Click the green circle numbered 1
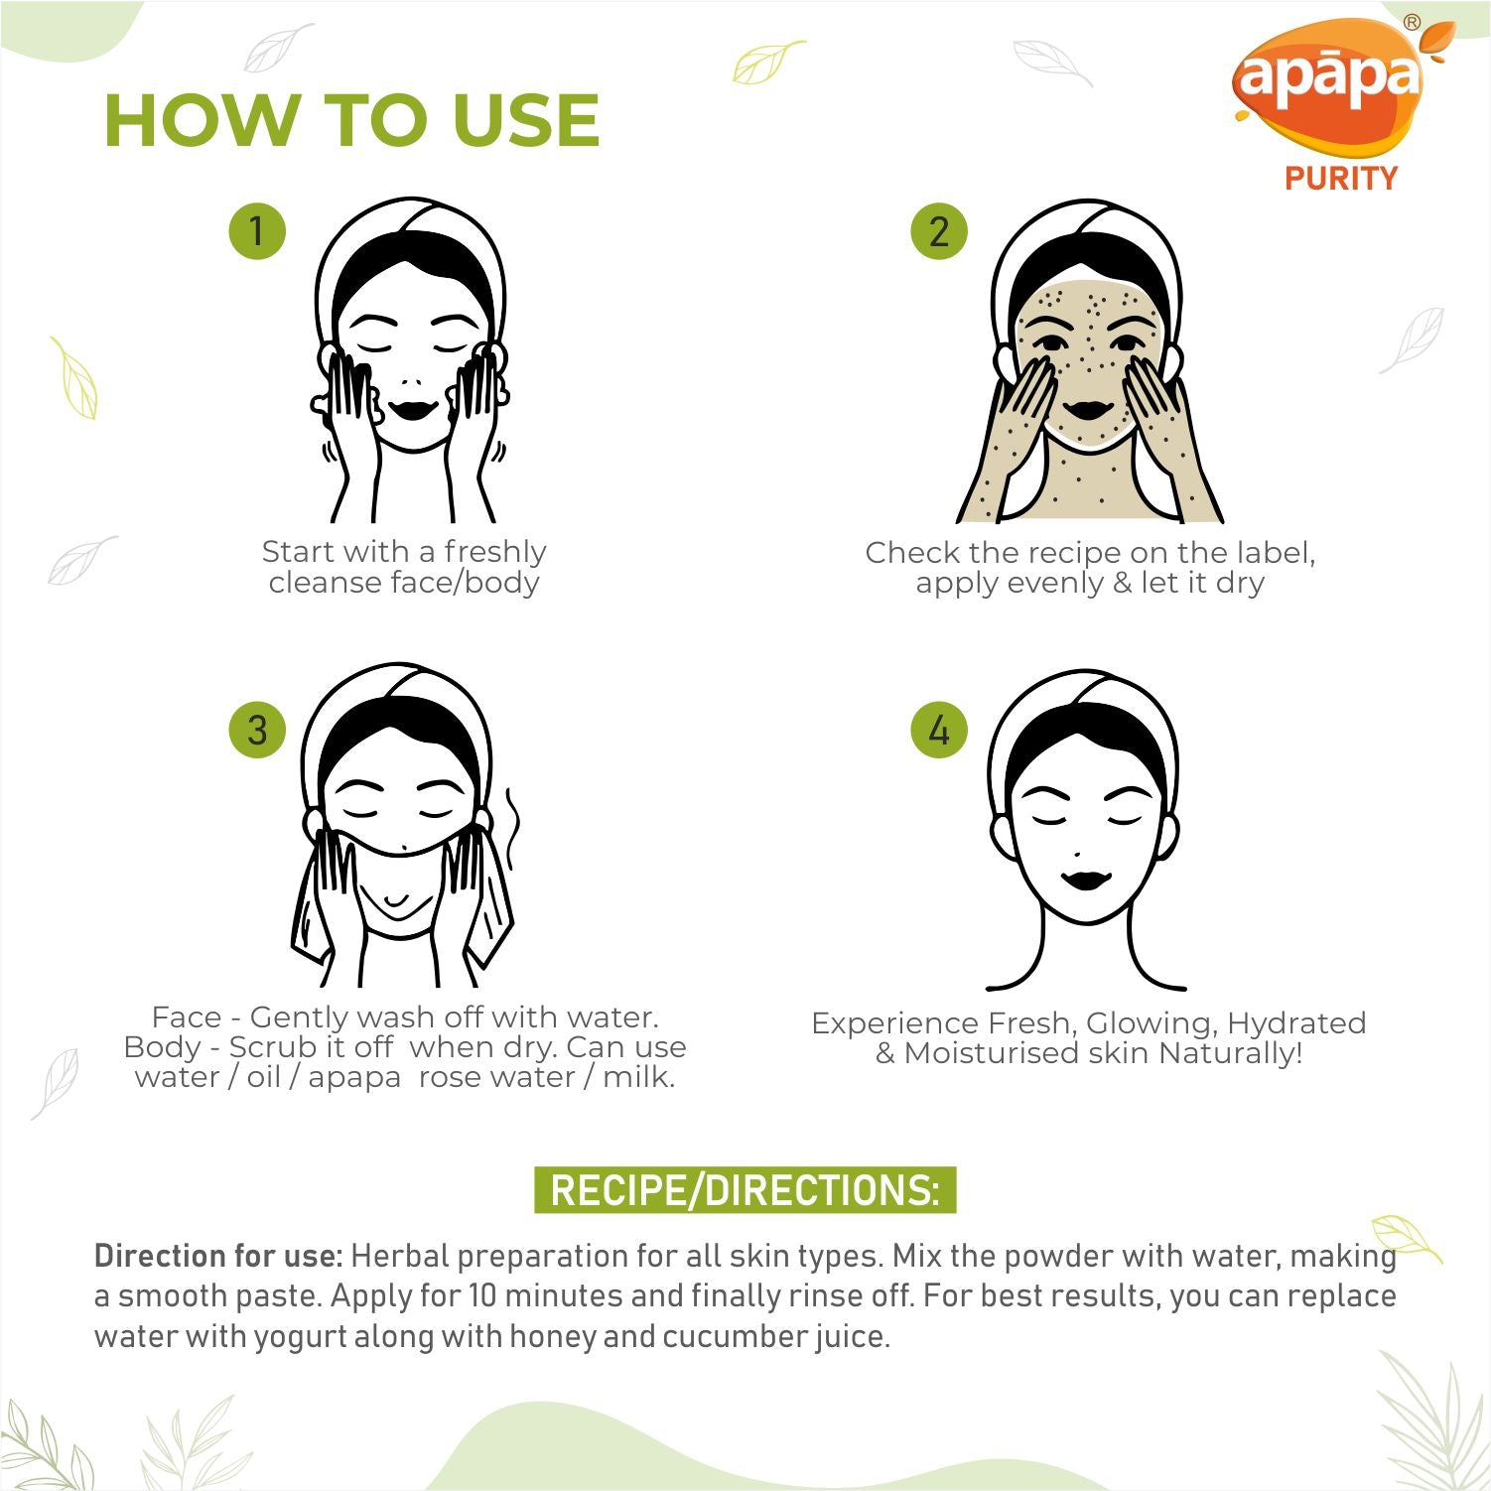point(257,230)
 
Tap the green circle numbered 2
point(939,230)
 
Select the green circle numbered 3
point(257,730)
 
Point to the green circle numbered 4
point(939,730)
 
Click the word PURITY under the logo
point(1341,179)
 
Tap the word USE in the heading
point(526,121)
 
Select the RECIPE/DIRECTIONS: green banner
point(745,1189)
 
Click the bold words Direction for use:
point(218,1256)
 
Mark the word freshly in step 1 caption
point(495,552)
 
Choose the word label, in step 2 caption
point(1276,552)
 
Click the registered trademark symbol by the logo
point(1412,23)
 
